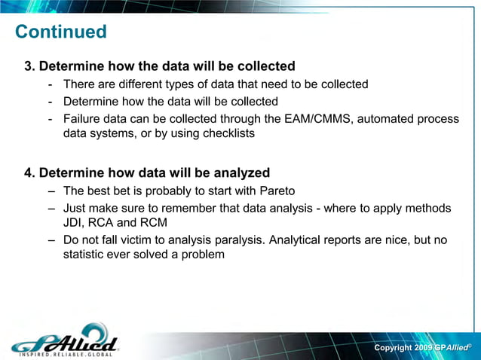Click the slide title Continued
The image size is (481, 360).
pyautogui.click(x=61, y=32)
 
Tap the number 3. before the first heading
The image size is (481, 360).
pyautogui.click(x=30, y=66)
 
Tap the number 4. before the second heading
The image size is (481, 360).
pyautogui.click(x=30, y=173)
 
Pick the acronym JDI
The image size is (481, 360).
pyautogui.click(x=75, y=223)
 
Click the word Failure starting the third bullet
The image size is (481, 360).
pyautogui.click(x=83, y=119)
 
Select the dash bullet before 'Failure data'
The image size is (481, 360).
pyautogui.click(x=50, y=119)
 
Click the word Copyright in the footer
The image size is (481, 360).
pyautogui.click(x=393, y=348)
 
